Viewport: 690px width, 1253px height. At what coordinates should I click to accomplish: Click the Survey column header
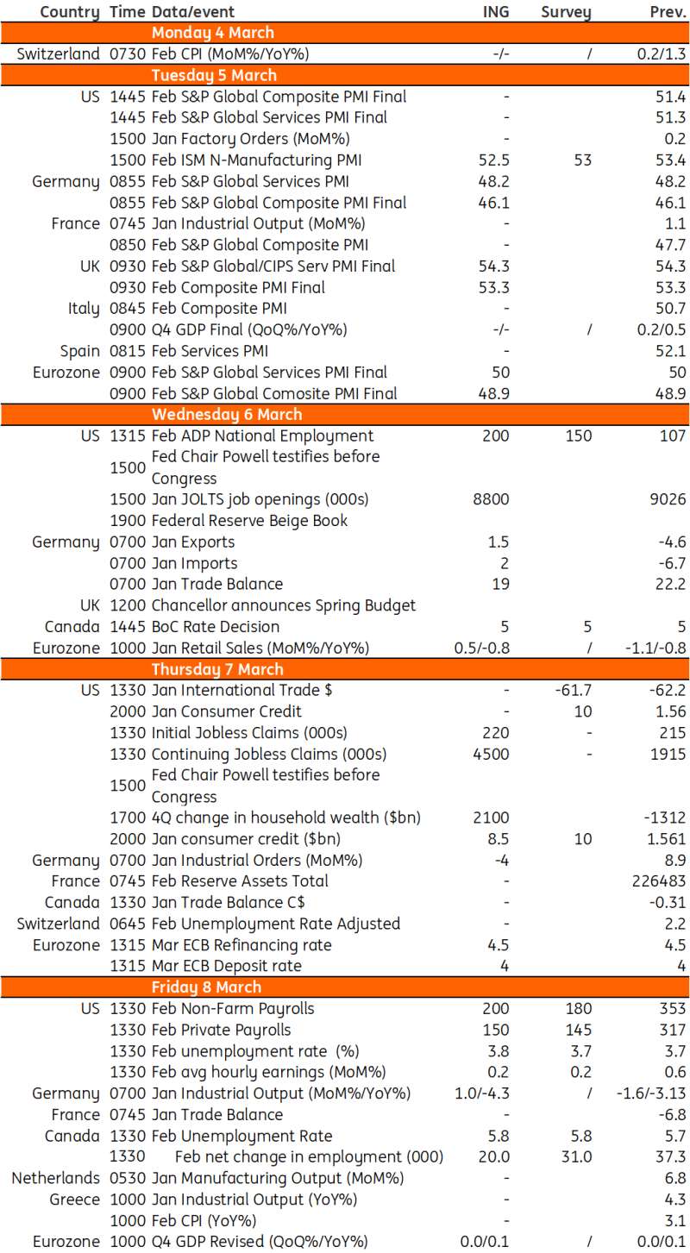(x=566, y=11)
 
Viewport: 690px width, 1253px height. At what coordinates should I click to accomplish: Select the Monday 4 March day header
(x=212, y=33)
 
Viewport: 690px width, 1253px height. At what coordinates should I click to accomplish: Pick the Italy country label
(x=84, y=309)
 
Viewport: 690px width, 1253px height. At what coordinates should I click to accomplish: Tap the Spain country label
(x=79, y=351)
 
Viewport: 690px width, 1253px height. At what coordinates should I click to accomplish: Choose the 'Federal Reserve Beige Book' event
(x=249, y=521)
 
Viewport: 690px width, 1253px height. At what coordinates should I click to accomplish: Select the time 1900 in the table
(x=128, y=521)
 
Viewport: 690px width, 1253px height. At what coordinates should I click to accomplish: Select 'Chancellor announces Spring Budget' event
(x=283, y=605)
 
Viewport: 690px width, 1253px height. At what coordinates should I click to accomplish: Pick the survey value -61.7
(x=573, y=690)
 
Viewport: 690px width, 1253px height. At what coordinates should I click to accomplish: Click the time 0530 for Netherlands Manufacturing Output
(x=128, y=1178)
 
